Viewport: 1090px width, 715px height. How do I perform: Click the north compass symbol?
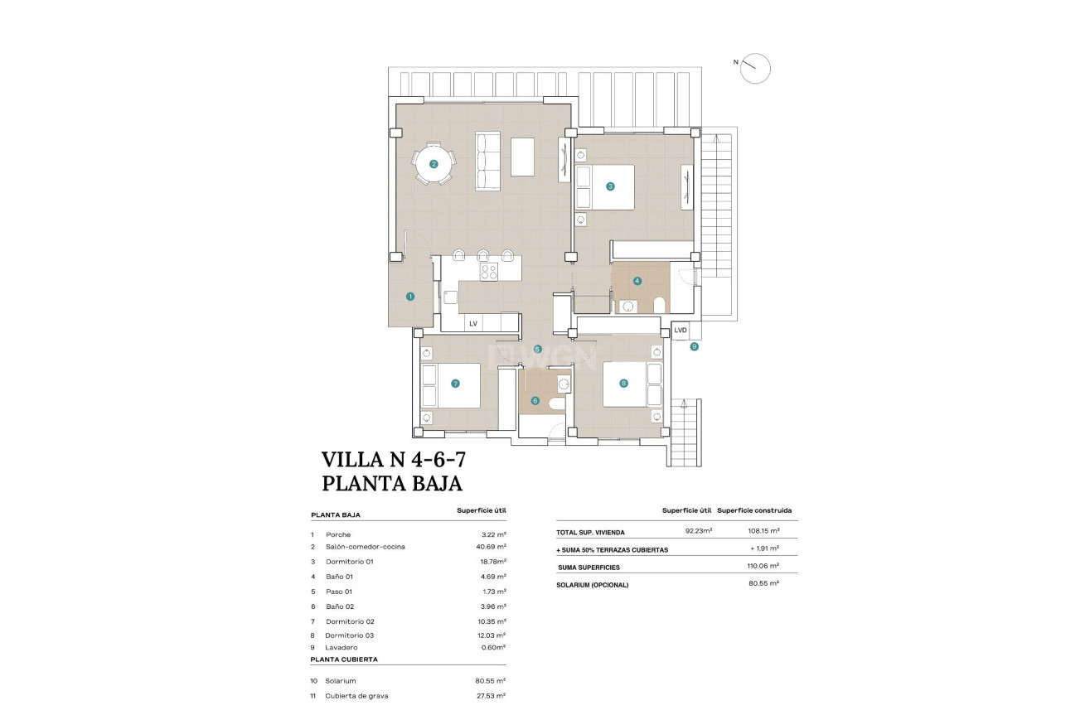(x=755, y=68)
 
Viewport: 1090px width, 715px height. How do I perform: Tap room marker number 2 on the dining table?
(x=434, y=164)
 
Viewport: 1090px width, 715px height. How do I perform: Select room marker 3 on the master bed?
(x=610, y=186)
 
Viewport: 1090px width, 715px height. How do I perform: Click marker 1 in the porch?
(x=409, y=296)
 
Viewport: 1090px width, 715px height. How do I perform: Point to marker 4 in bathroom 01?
(x=637, y=281)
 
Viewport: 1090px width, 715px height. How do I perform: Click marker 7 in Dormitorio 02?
(x=455, y=384)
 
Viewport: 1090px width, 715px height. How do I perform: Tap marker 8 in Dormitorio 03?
(x=623, y=384)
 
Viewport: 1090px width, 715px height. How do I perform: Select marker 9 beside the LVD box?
(x=694, y=346)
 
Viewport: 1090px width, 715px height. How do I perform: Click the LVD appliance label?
(x=681, y=330)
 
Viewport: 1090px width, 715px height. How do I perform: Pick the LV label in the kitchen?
(x=473, y=324)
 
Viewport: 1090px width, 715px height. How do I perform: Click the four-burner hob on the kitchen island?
(x=488, y=271)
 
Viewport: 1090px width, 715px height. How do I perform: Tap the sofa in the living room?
(x=487, y=160)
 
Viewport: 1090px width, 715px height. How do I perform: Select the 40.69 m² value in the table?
(x=492, y=547)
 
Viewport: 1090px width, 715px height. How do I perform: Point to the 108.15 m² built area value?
(x=763, y=532)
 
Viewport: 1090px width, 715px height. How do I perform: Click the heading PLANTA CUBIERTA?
(x=344, y=659)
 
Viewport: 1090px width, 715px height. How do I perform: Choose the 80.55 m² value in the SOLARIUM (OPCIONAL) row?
(x=763, y=584)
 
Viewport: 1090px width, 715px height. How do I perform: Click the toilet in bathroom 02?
(x=556, y=403)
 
